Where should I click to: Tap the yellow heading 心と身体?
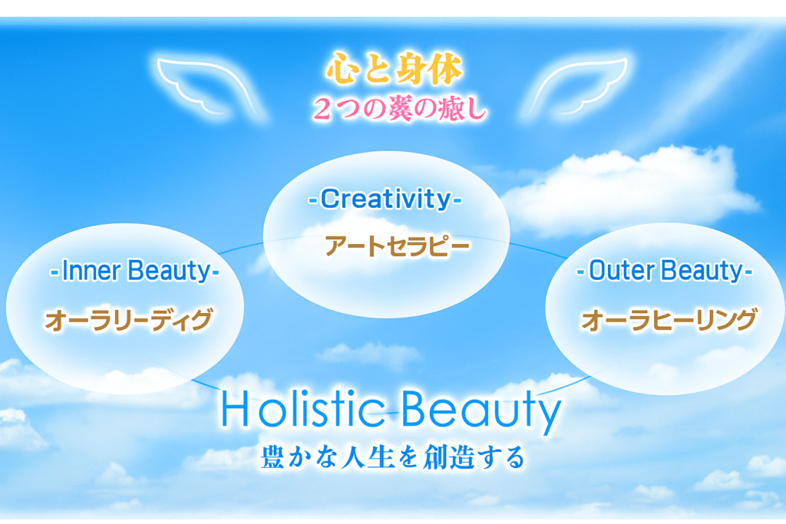click(394, 68)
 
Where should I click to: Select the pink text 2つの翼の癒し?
click(399, 108)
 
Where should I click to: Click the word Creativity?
click(385, 199)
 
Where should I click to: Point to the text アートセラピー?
click(397, 246)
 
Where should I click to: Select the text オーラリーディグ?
click(129, 320)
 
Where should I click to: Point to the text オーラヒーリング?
click(669, 320)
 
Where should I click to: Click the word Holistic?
click(302, 409)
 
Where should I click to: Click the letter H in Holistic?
click(236, 409)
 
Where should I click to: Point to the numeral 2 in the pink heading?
click(322, 109)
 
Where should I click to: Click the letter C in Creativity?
click(331, 199)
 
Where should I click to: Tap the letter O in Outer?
click(597, 271)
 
